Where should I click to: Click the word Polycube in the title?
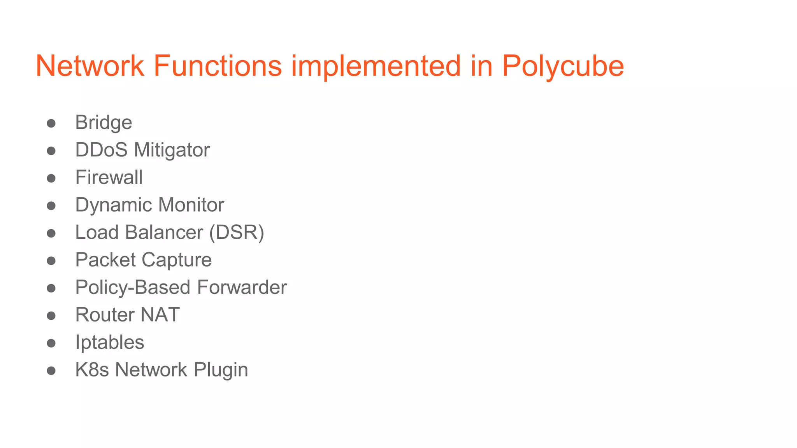coord(563,66)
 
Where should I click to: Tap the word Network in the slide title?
coord(90,66)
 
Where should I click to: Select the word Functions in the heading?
coord(218,66)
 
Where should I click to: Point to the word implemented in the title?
coord(376,66)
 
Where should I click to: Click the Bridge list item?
coord(104,123)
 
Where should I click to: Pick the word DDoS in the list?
coord(101,150)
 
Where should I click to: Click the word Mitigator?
coord(172,150)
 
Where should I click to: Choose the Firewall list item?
coord(109,178)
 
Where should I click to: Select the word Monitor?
coord(191,205)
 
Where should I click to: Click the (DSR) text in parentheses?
coord(237,233)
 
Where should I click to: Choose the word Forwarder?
coord(242,287)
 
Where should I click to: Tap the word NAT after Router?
coord(160,315)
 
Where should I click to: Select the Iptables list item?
coord(110,343)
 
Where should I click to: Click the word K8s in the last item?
coord(92,370)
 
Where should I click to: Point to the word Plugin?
coord(221,370)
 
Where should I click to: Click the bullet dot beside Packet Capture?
coord(51,261)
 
